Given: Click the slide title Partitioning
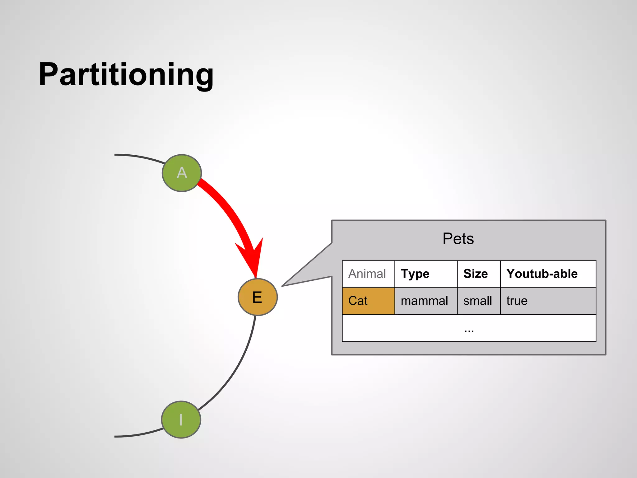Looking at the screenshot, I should click(x=126, y=75).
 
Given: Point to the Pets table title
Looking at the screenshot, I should click(x=458, y=239).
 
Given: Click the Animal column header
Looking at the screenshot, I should click(x=367, y=274).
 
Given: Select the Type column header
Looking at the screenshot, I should click(x=415, y=274).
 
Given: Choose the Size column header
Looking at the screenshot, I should click(x=475, y=274).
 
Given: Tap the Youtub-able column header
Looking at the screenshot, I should click(x=542, y=274).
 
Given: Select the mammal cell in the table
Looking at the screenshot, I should click(x=424, y=301).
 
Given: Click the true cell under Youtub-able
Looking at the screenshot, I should click(x=517, y=301).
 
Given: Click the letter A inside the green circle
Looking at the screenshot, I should click(x=182, y=173).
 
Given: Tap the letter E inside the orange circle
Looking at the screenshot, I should click(x=257, y=297).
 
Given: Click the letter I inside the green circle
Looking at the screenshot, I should click(x=181, y=420).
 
